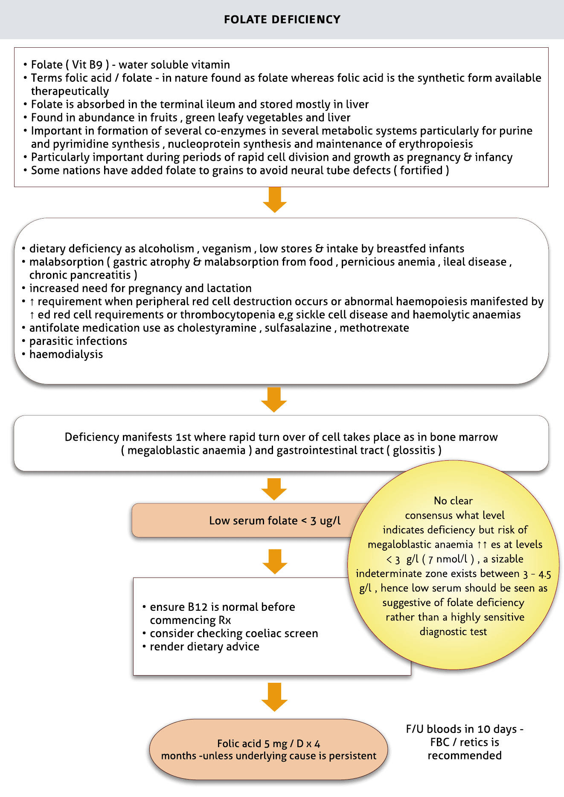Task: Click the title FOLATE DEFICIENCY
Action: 282,20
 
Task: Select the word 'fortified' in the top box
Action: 422,170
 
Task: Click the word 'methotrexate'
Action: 374,328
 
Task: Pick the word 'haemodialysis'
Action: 66,355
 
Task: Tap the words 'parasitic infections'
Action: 78,341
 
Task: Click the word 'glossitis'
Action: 414,450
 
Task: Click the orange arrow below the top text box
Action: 275,200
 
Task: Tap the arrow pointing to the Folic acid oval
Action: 274,697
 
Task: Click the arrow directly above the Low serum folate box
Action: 274,489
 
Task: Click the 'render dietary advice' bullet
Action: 204,647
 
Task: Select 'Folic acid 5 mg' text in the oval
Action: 252,744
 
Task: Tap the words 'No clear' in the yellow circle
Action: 453,501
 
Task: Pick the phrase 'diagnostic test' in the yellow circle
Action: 453,632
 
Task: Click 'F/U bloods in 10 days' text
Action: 464,729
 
